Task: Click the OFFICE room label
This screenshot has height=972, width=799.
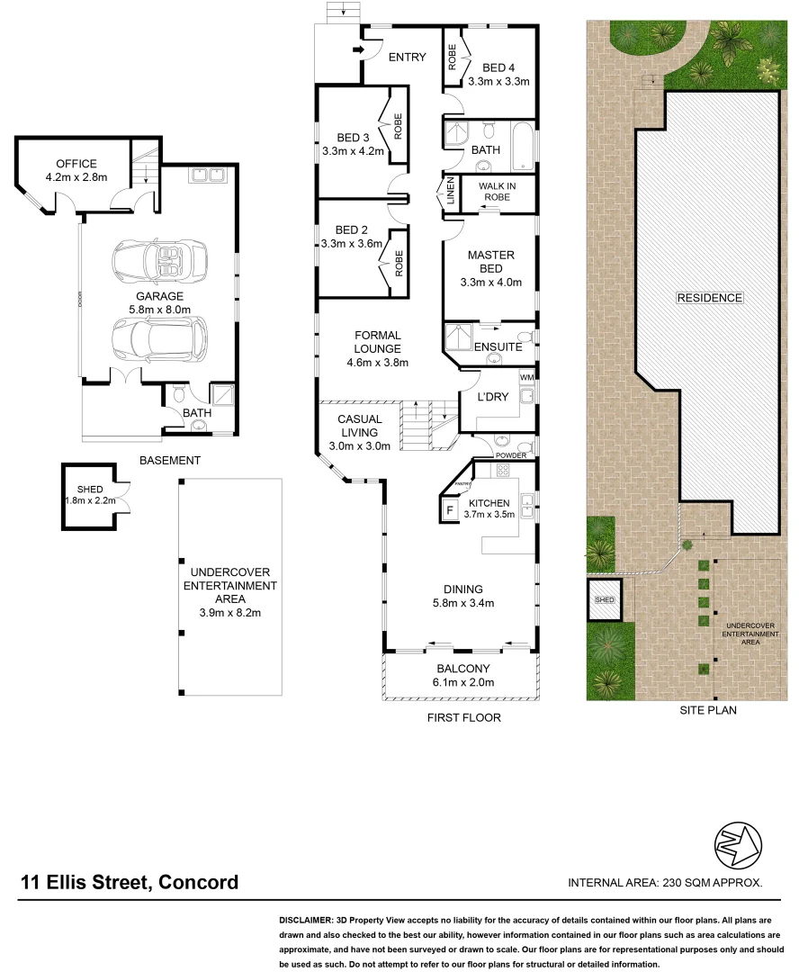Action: tap(76, 164)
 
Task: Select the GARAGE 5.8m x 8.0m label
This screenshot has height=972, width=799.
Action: tap(159, 302)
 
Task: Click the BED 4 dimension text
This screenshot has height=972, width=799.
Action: tap(498, 81)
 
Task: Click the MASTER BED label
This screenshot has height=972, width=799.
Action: tap(491, 262)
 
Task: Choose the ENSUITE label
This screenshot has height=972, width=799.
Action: tap(498, 346)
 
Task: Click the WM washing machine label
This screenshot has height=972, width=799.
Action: tap(526, 377)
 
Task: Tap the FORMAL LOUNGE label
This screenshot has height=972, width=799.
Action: tap(377, 343)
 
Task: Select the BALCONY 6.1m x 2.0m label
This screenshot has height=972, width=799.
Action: tap(463, 675)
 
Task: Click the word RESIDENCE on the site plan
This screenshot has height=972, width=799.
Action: tap(710, 298)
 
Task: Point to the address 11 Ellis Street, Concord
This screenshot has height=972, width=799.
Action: tap(130, 882)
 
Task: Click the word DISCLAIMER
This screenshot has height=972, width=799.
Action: tap(304, 921)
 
